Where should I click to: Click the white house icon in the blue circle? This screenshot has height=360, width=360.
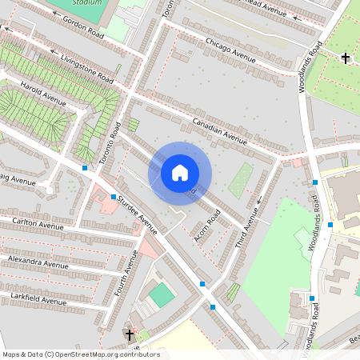180,173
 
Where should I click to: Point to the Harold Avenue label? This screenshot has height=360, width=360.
43,93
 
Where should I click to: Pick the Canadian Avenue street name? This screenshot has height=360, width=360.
220,128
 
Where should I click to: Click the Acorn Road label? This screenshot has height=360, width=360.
206,228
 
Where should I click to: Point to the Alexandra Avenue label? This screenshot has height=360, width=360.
38,262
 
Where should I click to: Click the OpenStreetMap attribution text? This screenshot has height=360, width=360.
81,354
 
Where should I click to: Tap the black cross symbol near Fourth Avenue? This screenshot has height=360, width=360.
129,334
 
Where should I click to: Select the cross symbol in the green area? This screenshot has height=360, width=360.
346,58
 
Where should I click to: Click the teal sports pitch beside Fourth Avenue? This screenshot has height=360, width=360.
162,294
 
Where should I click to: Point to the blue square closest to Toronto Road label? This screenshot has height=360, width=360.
85,168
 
